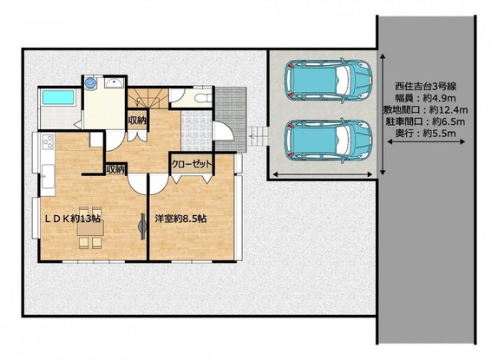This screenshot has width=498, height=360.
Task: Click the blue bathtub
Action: click(58, 97)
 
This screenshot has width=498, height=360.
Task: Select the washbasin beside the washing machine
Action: click(114, 83)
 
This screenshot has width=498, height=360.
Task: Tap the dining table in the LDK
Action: click(90, 227)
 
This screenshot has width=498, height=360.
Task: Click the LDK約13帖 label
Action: click(72, 219)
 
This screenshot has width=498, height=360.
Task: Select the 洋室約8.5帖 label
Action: click(180, 219)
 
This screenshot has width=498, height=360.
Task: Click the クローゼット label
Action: click(191, 164)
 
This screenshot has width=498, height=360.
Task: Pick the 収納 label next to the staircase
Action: click(137, 121)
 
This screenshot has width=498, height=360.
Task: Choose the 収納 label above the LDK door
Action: click(115, 169)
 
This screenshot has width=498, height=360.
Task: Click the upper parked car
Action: click(329, 81)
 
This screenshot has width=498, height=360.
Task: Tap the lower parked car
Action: click(329, 141)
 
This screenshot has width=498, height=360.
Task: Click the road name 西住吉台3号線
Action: click(426, 87)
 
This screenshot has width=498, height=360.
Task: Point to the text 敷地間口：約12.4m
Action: click(426, 110)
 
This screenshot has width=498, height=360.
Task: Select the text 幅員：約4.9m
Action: click(426, 98)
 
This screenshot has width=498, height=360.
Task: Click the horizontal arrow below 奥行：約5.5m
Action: click(426, 142)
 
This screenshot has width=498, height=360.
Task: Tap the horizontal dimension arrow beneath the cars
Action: click(323, 174)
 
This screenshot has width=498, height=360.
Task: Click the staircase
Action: click(148, 97)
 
